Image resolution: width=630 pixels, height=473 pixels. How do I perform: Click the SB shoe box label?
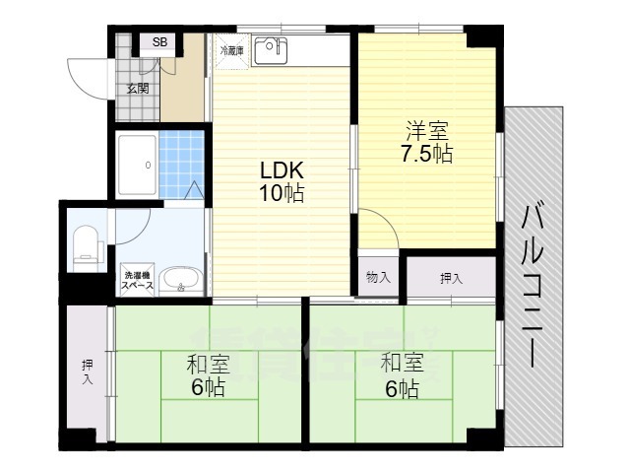click(159, 42)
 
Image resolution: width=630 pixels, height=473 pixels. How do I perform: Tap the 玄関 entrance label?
click(137, 89)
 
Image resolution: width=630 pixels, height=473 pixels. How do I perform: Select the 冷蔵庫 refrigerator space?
click(232, 49)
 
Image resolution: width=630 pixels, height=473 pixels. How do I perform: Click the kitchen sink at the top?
click(268, 50)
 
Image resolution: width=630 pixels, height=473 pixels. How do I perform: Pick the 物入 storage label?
click(378, 277)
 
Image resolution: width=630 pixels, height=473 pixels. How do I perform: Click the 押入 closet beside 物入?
click(451, 278)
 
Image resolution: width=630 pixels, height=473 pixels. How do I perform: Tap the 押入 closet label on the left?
click(88, 372)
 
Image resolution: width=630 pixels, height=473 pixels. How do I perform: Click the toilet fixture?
click(87, 246)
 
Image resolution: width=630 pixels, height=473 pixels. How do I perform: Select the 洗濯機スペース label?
click(137, 280)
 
